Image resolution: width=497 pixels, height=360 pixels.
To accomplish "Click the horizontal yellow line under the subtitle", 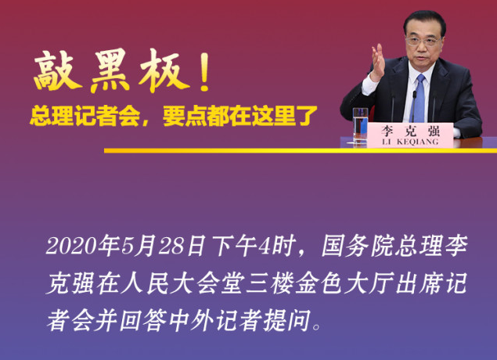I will click(235, 150).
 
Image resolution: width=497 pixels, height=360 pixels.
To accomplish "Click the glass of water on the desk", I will click(359, 125).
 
